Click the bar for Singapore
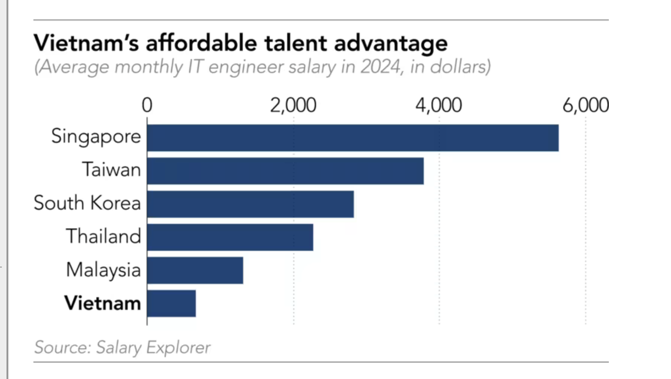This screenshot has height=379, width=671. tap(353, 137)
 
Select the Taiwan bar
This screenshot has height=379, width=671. tap(285, 171)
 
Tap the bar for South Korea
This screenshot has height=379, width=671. tap(251, 204)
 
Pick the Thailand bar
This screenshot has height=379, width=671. tap(230, 237)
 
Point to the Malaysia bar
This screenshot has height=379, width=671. tap(195, 270)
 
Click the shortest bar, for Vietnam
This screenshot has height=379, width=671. tap(171, 304)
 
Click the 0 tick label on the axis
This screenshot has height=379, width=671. tap(147, 106)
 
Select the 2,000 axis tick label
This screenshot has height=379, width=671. tap(293, 106)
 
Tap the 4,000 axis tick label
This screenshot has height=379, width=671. tap(439, 106)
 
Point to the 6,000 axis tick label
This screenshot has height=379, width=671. tap(585, 106)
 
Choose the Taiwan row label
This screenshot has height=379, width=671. tap(111, 170)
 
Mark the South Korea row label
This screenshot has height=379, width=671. tap(87, 203)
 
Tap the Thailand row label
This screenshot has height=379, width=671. tap(103, 236)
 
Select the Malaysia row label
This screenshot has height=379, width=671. tap(103, 270)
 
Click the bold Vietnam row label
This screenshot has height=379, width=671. tap(103, 303)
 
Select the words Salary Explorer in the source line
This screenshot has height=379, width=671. tap(153, 347)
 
